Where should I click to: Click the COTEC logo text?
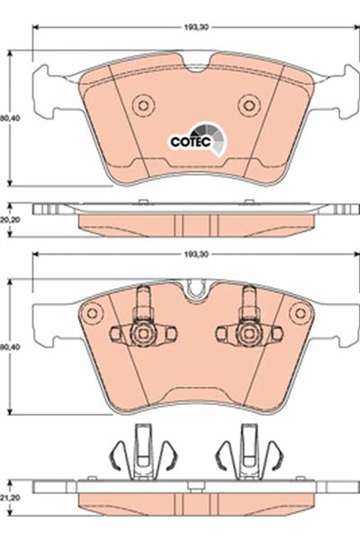(x=191, y=141)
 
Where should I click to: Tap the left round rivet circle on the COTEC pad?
(x=143, y=105)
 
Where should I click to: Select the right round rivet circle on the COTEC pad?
(x=249, y=105)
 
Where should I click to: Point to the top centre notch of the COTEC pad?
(x=197, y=66)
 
